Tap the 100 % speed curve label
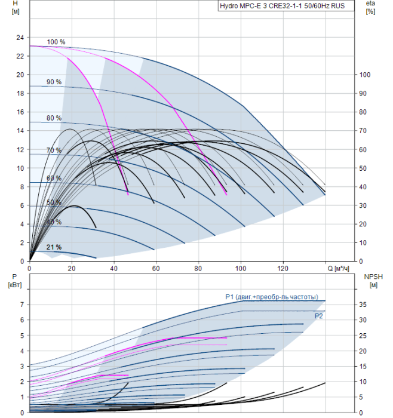(x=56, y=42)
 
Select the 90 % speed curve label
(x=54, y=82)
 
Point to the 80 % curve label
(x=54, y=118)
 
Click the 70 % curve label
(x=54, y=150)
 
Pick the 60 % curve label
(x=54, y=179)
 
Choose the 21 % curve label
(x=54, y=247)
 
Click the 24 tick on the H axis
(x=20, y=37)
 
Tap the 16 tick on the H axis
(x=20, y=112)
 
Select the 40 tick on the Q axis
(x=114, y=268)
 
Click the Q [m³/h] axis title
(x=342, y=268)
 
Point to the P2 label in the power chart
(x=319, y=316)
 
